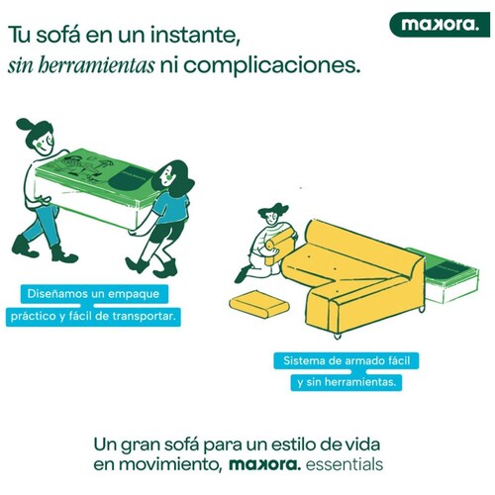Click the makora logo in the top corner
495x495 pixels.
(440, 25)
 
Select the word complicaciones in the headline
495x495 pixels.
(271, 66)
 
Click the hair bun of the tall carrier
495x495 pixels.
(23, 125)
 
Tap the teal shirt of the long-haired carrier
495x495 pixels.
(172, 207)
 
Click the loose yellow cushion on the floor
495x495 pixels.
(259, 304)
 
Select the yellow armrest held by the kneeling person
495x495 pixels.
(279, 246)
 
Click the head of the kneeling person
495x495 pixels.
(272, 214)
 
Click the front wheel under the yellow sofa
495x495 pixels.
(337, 336)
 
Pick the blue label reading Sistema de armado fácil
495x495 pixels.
(346, 360)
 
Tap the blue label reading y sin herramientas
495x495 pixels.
(346, 382)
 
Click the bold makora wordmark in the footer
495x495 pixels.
(264, 464)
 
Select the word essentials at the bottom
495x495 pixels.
(345, 464)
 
